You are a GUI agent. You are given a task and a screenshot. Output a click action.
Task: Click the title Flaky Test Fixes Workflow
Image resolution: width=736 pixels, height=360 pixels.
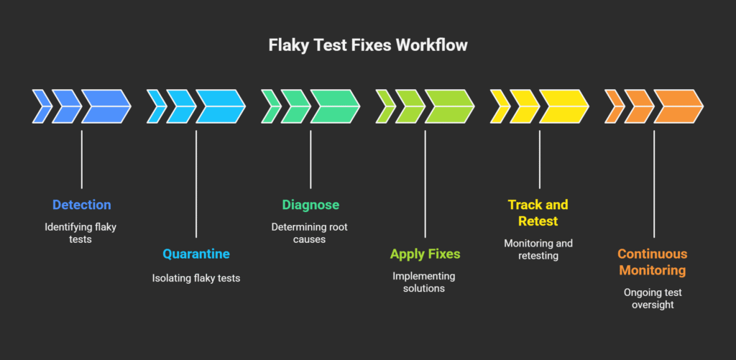pyautogui.click(x=368, y=45)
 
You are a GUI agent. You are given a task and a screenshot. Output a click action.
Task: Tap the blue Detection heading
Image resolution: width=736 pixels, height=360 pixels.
pyautogui.click(x=82, y=205)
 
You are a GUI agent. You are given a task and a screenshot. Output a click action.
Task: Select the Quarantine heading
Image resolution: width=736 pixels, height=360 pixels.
pyautogui.click(x=196, y=254)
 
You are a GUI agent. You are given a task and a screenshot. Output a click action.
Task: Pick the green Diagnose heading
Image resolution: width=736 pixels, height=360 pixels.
pyautogui.click(x=310, y=205)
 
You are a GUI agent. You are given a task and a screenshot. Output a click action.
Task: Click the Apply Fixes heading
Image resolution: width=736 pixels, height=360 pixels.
pyautogui.click(x=425, y=254)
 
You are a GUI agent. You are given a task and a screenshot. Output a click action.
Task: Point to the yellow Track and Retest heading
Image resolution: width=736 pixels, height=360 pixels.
pyautogui.click(x=538, y=213)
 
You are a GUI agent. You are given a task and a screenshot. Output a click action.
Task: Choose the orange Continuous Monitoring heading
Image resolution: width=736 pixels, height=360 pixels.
pyautogui.click(x=653, y=262)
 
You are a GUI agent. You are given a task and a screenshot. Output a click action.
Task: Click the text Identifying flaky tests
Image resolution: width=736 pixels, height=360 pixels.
pyautogui.click(x=80, y=234)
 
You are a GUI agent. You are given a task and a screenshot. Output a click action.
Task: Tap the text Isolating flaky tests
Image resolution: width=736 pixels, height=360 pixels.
pyautogui.click(x=196, y=278)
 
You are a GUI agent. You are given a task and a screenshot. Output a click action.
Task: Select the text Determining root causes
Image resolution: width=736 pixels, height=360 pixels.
pyautogui.click(x=310, y=234)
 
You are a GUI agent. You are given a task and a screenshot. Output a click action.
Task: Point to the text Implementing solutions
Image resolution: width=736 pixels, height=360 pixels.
pyautogui.click(x=424, y=282)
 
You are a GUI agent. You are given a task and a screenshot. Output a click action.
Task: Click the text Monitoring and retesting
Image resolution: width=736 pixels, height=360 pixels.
pyautogui.click(x=538, y=249)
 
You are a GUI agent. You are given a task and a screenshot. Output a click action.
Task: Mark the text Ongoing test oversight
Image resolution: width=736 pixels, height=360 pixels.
pyautogui.click(x=653, y=298)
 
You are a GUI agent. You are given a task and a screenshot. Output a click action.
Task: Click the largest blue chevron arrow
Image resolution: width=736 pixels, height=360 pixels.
pyautogui.click(x=107, y=106)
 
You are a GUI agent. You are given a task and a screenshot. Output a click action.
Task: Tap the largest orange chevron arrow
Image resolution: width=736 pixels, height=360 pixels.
pyautogui.click(x=679, y=106)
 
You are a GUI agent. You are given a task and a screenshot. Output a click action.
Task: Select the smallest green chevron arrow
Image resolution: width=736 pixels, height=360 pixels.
pyautogui.click(x=271, y=106)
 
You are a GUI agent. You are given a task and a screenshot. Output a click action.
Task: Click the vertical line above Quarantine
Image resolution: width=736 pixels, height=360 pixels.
pyautogui.click(x=196, y=184)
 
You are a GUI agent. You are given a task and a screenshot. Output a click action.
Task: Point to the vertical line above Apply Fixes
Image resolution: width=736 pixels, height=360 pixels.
pyautogui.click(x=425, y=184)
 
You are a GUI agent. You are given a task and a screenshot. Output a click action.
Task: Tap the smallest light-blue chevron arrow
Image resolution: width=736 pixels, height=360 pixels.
pyautogui.click(x=157, y=106)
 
